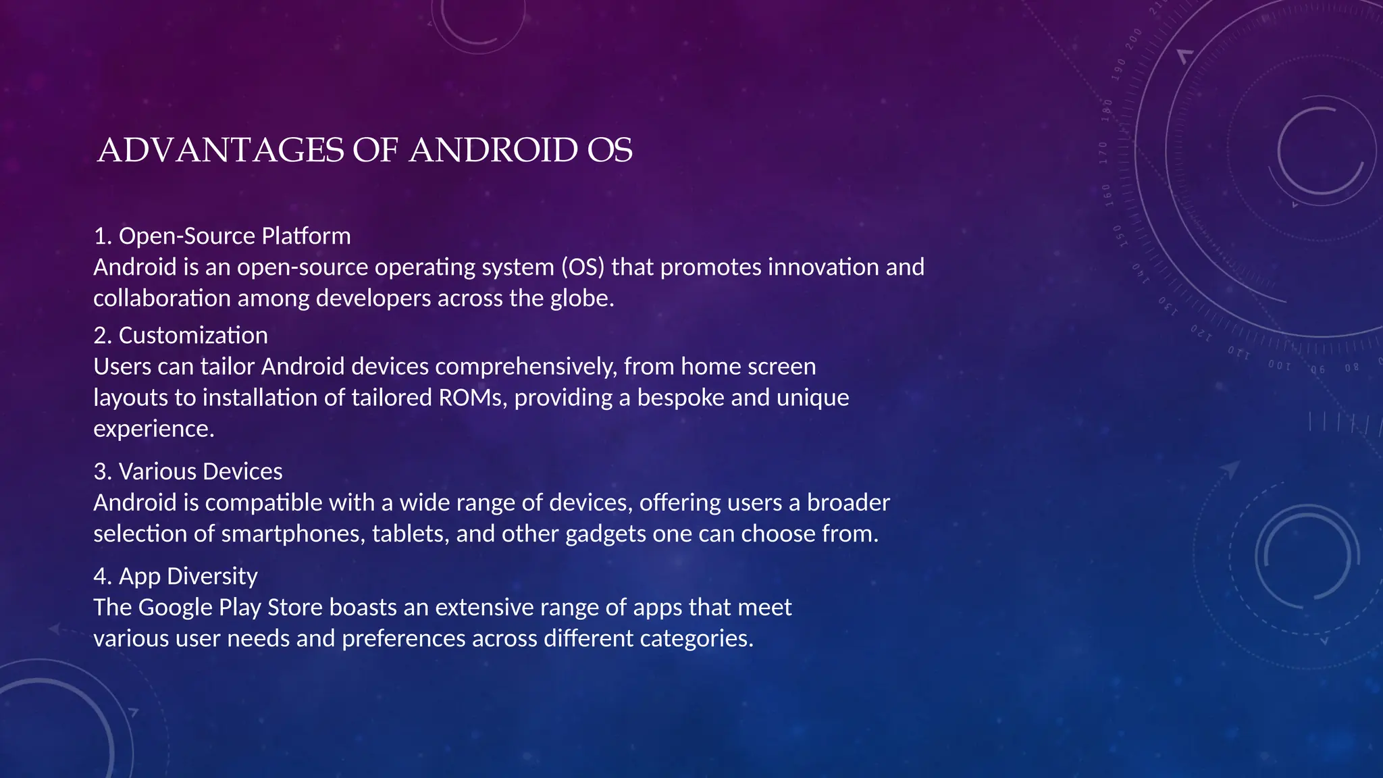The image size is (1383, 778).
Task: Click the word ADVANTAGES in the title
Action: (221, 151)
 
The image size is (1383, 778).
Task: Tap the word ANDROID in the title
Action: (493, 151)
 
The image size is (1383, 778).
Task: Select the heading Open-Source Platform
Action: (234, 236)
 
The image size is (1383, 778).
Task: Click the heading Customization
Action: (193, 336)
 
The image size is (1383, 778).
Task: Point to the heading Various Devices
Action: (201, 471)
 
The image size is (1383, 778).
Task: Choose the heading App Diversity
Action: (188, 576)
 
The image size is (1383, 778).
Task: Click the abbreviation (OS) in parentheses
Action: (583, 267)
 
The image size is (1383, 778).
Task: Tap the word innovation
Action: (823, 267)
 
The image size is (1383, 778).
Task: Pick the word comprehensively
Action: (526, 367)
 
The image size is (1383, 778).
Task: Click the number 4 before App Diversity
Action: (100, 576)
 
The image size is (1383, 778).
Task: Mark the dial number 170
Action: (1103, 153)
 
